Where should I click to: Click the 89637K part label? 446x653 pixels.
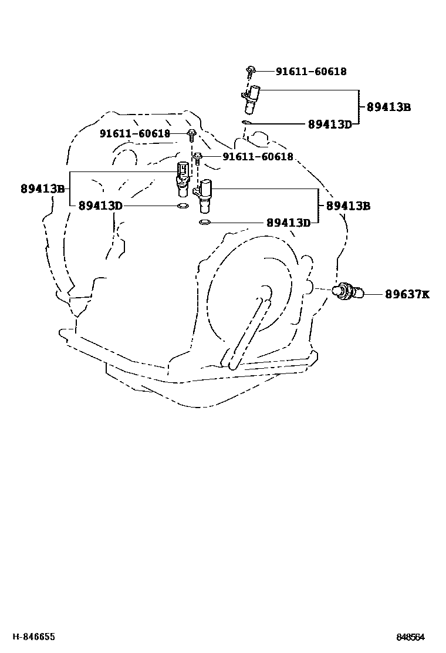tap(407, 294)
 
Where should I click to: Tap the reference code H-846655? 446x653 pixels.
tap(35, 636)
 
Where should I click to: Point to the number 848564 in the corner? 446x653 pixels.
tap(410, 637)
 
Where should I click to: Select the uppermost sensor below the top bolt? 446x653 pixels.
tap(252, 100)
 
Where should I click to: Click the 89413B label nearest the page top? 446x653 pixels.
tap(388, 107)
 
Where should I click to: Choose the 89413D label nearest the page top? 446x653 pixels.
tap(330, 124)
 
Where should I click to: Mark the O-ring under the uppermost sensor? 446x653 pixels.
tap(247, 123)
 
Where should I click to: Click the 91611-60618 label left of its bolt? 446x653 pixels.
tap(134, 134)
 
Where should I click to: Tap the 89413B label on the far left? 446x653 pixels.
tap(42, 189)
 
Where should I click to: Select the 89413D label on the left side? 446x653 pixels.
tap(100, 206)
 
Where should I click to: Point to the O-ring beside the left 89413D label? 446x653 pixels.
tap(183, 206)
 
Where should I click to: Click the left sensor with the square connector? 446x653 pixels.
tap(183, 177)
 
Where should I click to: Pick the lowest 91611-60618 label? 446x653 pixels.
tap(257, 157)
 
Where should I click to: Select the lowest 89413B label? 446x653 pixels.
tap(348, 206)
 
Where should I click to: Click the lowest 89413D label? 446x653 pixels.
tap(288, 223)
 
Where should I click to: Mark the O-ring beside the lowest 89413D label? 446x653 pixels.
tap(205, 223)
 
